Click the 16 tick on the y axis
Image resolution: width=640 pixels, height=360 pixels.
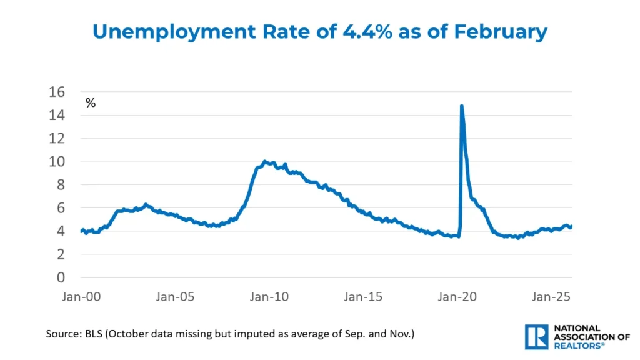57,92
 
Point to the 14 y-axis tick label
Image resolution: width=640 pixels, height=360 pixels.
57,115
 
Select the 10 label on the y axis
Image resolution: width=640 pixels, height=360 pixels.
57,161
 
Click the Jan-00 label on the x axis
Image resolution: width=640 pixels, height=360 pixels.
82,296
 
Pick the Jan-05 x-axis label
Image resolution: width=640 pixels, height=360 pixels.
176,296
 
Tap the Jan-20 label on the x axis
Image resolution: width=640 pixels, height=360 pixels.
459,296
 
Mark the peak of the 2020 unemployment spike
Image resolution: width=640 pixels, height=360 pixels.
462,106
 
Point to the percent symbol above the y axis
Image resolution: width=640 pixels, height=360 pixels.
91,103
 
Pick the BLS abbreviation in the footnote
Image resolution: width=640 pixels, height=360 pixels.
93,334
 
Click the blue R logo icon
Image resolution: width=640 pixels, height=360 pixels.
536,336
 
